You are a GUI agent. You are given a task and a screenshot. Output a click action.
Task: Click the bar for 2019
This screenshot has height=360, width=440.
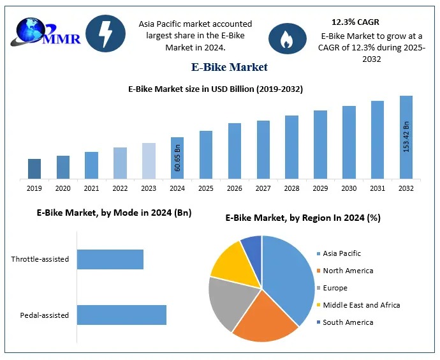[34, 169]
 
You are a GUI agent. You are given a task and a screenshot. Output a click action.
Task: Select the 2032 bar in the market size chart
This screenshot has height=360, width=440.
[406, 137]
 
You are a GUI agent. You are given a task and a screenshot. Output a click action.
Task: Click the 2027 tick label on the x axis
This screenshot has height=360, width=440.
[263, 188]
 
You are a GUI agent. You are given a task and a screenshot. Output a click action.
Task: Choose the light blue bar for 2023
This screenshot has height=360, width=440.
[149, 161]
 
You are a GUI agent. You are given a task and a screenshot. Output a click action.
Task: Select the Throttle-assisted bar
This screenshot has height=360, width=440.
[110, 259]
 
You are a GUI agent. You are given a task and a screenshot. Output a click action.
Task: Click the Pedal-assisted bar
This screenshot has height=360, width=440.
[122, 315]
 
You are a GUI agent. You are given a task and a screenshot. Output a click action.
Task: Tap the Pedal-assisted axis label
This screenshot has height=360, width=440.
[45, 315]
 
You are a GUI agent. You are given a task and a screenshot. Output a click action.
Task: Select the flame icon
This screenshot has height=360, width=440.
[284, 38]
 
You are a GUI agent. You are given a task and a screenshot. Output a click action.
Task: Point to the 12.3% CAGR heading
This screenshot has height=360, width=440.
[355, 22]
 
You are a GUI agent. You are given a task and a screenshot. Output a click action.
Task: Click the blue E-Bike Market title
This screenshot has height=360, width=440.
[230, 67]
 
